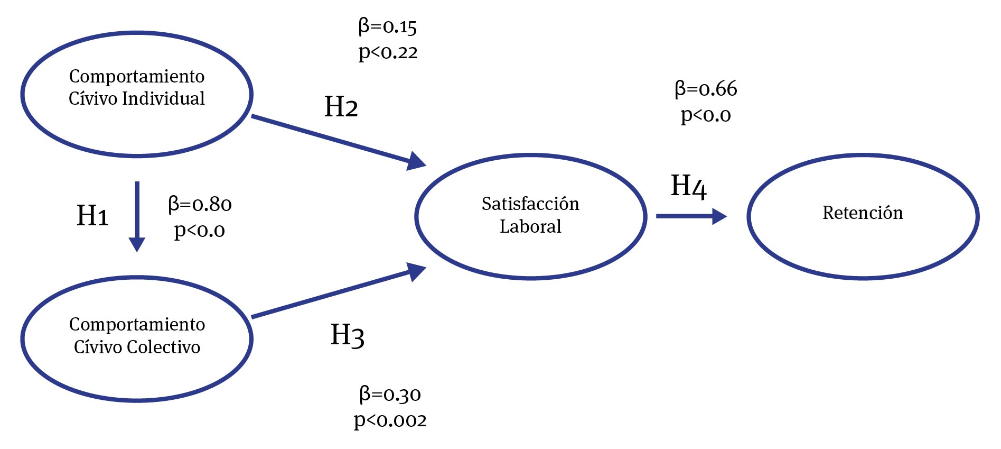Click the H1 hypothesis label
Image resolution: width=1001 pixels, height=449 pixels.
click(x=92, y=216)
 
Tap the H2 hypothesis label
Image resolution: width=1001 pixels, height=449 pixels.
click(x=341, y=107)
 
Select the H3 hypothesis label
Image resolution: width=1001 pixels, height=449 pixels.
click(x=347, y=335)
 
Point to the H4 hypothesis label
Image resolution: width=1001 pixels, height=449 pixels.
click(x=688, y=186)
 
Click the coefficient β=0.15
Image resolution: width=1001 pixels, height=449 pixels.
click(x=388, y=26)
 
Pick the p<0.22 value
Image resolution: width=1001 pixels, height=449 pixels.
click(x=388, y=52)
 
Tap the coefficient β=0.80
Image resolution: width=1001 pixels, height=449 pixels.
click(x=200, y=204)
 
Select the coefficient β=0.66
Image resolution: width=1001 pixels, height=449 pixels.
click(x=706, y=89)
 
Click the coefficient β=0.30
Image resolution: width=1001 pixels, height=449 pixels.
click(x=390, y=395)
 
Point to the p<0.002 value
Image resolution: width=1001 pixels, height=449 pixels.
click(x=390, y=420)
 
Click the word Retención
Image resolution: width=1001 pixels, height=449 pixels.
click(x=863, y=213)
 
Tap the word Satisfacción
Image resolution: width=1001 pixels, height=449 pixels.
click(x=530, y=204)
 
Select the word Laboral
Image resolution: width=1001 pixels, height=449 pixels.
click(x=530, y=226)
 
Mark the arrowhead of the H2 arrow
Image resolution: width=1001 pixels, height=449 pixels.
click(x=417, y=161)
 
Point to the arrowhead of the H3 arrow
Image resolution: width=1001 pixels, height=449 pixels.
click(x=417, y=272)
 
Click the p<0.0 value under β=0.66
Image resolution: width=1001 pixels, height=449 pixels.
click(x=706, y=115)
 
